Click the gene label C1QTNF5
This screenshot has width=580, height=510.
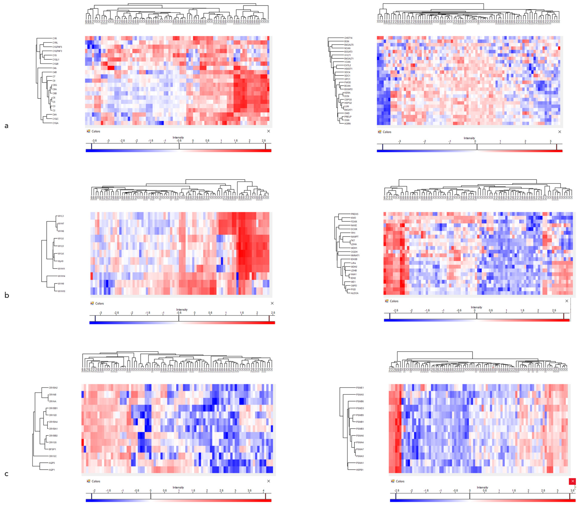coord(57,47)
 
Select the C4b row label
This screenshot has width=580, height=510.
coord(54,68)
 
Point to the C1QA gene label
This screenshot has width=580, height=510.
coord(55,123)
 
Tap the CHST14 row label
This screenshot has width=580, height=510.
coord(348,38)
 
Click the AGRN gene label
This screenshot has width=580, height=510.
coord(347,123)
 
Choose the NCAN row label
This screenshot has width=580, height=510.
coord(347,48)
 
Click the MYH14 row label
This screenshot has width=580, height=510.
coord(61,276)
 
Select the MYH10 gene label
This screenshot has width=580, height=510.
coord(61,291)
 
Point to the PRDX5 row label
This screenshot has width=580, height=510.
coord(354,214)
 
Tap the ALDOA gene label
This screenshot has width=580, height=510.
coord(354,293)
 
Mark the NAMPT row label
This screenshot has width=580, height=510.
coord(354,237)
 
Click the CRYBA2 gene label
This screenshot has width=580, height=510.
coord(53,388)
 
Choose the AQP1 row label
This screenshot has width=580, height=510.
coord(52,470)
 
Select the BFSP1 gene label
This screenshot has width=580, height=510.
coord(52,449)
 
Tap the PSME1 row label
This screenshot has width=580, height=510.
coord(360,388)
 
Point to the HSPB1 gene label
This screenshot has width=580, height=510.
coord(360,470)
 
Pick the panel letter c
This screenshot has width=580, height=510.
coord(6,474)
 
